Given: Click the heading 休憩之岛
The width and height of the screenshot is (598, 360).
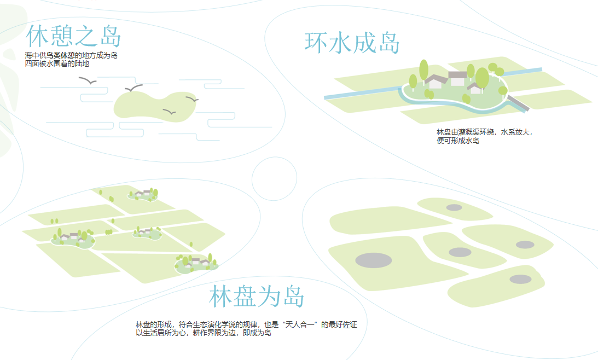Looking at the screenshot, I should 73,36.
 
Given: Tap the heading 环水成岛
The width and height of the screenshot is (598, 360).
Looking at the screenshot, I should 352,43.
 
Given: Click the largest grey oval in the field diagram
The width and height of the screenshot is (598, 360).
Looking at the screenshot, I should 373,260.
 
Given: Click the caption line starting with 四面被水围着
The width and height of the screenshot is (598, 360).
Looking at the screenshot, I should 57,64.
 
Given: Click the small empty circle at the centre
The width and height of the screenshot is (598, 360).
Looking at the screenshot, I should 274,179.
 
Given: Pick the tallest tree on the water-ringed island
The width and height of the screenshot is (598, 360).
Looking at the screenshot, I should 423,70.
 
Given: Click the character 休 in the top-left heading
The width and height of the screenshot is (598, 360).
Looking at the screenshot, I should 37,36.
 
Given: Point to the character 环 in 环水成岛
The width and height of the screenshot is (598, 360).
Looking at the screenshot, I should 316,43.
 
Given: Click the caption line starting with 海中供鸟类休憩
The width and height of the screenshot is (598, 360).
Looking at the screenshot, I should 71,56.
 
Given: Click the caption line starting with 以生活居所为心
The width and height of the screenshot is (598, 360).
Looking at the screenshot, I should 204,333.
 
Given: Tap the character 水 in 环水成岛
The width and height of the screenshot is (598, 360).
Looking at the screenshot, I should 340,43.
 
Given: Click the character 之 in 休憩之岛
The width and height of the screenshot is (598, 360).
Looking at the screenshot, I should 85,36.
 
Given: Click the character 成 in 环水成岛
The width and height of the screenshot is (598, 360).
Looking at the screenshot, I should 364,43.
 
